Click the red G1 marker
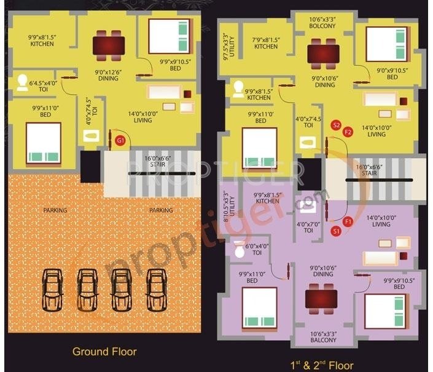120,141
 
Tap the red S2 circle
335,125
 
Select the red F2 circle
348,132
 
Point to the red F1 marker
348,221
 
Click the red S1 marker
336,231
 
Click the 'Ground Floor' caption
104,352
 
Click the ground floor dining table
109,44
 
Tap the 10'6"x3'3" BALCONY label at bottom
323,337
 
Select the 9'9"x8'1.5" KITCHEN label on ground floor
42,41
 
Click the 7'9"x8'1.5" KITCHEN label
266,43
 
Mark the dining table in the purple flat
322,299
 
